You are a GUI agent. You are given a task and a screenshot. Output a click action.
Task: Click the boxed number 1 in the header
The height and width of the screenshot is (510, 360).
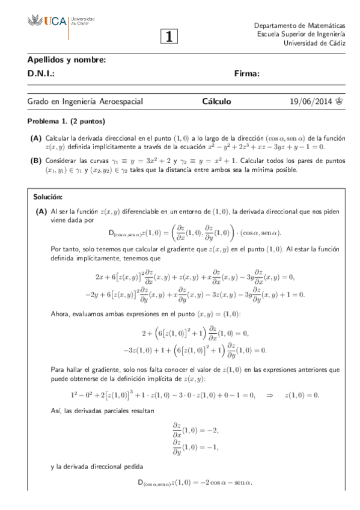169,37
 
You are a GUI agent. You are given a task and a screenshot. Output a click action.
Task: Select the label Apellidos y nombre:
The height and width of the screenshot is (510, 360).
67,60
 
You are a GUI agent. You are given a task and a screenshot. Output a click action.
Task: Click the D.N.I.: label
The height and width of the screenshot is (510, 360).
41,74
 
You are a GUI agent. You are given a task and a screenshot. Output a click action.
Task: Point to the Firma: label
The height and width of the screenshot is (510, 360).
246,74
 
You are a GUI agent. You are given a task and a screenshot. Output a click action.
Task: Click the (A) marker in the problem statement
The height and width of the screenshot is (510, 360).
35,138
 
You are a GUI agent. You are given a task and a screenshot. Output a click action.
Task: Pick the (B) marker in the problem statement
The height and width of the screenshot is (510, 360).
35,161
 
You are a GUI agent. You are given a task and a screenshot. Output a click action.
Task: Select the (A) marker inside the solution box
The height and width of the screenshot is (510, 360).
41,211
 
